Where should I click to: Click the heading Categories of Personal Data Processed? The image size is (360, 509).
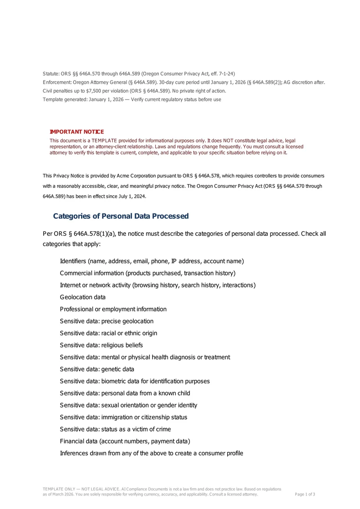point(121,216)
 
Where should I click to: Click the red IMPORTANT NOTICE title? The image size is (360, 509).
point(76,132)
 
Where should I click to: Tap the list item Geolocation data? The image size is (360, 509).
point(83,297)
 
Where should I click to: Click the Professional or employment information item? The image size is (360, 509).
point(113,309)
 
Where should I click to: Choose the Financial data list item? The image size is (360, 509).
point(125,441)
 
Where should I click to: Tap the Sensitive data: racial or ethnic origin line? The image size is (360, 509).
point(108,333)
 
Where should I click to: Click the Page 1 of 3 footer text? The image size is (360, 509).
point(305,494)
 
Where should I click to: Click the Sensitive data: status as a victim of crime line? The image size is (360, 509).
point(115,429)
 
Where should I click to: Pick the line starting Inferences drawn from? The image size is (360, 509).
point(152,453)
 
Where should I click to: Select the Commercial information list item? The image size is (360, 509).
point(148,273)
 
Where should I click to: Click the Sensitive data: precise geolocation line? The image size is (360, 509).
point(107,321)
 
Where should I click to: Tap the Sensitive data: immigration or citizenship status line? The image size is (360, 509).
point(123,417)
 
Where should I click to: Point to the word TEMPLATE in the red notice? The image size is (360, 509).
point(104,141)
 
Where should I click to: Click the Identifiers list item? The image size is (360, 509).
point(152,261)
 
